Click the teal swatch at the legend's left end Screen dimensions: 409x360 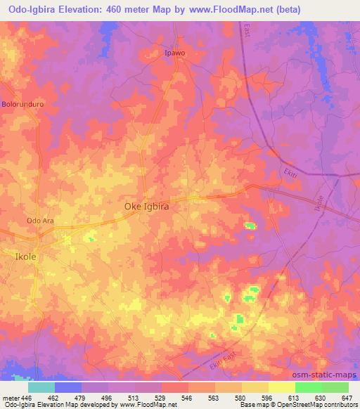point(41,387)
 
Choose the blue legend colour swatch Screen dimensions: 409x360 point(68,387)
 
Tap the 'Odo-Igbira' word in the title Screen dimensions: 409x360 point(26,9)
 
